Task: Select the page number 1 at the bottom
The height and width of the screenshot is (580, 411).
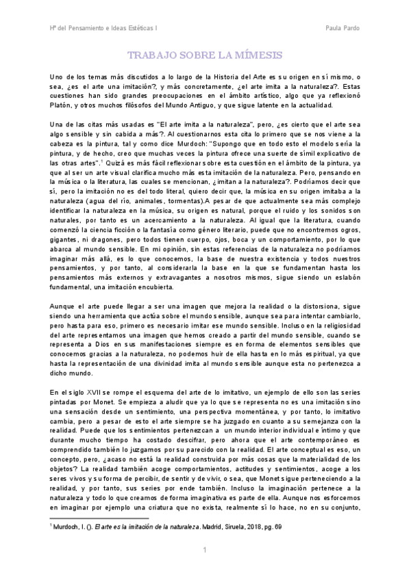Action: [204, 551]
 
